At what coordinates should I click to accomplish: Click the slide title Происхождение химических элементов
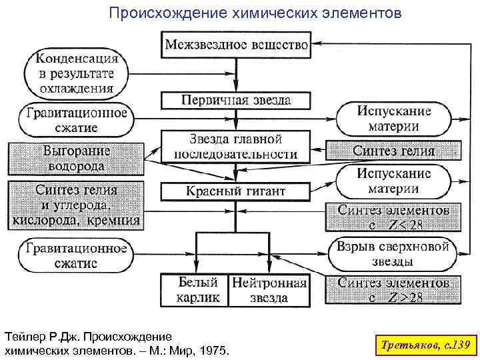[255, 13]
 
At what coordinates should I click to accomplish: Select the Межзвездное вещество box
[236, 45]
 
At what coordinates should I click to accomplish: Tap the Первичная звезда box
[236, 100]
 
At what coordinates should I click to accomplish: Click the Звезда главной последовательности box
[236, 147]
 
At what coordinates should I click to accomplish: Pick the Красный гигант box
[236, 191]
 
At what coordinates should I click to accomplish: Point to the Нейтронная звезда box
[269, 290]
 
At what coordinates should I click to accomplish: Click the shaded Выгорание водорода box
[76, 157]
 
